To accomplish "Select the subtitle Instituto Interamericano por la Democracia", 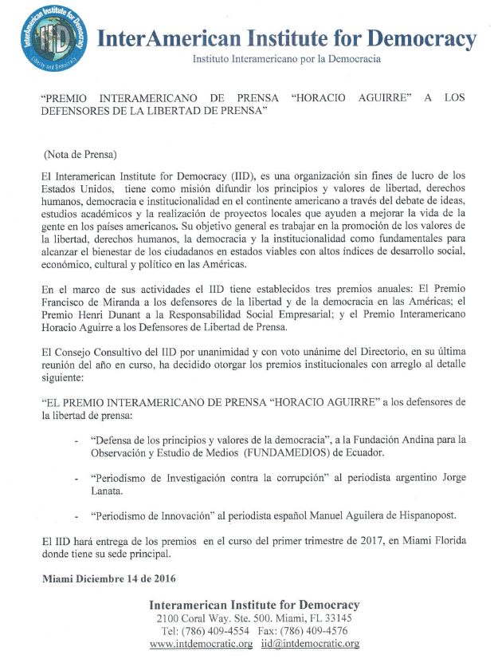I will [287, 60].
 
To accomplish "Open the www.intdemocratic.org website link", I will [202, 644].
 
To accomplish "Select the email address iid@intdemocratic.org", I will [310, 644].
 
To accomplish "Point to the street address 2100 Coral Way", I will [195, 618].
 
